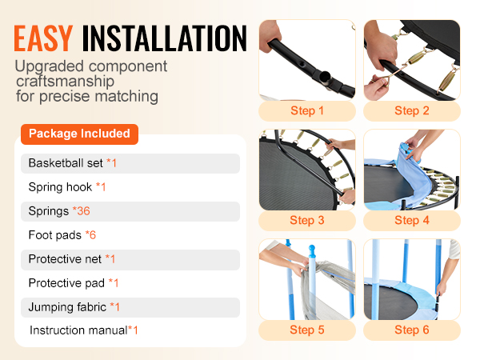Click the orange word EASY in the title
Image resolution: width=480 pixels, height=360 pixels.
[43, 38]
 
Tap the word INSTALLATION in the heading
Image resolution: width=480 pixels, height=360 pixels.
[164, 38]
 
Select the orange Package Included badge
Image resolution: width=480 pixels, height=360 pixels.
[79, 134]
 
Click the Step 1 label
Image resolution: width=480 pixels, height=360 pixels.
[307, 111]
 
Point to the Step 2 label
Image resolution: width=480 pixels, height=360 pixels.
[412, 111]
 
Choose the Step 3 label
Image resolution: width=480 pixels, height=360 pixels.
[307, 221]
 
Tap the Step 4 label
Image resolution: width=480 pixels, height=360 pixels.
[412, 221]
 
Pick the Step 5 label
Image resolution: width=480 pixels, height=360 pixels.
[307, 330]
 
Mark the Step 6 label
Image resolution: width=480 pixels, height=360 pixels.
[412, 330]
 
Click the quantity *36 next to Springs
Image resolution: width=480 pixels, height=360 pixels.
[81, 211]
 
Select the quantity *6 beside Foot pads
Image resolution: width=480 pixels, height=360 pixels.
[90, 235]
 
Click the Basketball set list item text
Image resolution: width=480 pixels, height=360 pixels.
[66, 163]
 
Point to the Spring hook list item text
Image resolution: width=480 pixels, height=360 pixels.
[60, 187]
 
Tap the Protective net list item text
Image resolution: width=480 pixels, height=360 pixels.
[65, 259]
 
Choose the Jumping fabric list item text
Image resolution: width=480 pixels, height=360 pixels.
[67, 307]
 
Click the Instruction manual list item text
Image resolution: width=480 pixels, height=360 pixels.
[78, 330]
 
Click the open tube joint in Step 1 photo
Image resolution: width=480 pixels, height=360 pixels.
[325, 77]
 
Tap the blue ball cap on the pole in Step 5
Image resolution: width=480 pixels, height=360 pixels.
[312, 250]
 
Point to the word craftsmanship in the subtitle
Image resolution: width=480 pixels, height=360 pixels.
[66, 82]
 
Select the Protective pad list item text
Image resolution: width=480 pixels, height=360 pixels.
[66, 283]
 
